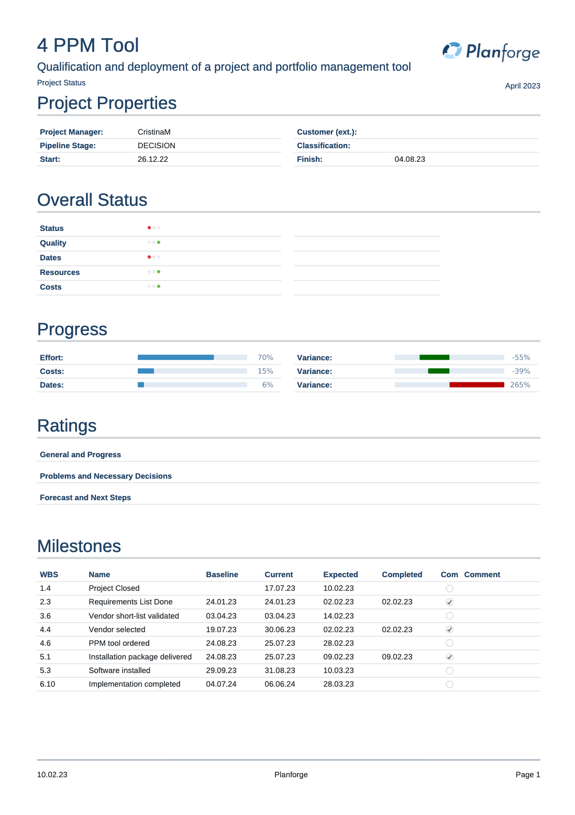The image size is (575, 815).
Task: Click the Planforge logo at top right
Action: click(491, 51)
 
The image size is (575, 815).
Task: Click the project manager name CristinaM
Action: click(154, 132)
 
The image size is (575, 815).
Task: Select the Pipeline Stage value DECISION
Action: click(156, 146)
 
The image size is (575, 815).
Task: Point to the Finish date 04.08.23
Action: click(410, 159)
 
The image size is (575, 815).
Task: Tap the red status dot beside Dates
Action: click(149, 257)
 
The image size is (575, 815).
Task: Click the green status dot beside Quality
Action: click(159, 243)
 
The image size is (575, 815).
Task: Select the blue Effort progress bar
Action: click(175, 357)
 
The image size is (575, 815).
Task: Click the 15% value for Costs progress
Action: click(265, 371)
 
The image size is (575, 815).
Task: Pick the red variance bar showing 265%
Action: click(477, 385)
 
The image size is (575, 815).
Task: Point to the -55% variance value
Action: click(521, 358)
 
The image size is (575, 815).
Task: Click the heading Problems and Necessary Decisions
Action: click(106, 476)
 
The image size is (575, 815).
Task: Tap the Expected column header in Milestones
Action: click(340, 575)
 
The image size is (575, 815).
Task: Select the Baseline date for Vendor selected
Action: click(221, 630)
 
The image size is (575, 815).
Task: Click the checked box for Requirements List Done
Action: click(449, 602)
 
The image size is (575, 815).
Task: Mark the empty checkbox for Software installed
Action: click(449, 671)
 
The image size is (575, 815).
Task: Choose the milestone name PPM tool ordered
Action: click(119, 643)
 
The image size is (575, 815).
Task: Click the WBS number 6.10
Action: click(47, 684)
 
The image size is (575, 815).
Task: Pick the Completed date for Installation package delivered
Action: click(397, 657)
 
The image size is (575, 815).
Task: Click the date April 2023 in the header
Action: click(522, 86)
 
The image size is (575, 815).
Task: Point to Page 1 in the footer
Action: click(527, 775)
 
